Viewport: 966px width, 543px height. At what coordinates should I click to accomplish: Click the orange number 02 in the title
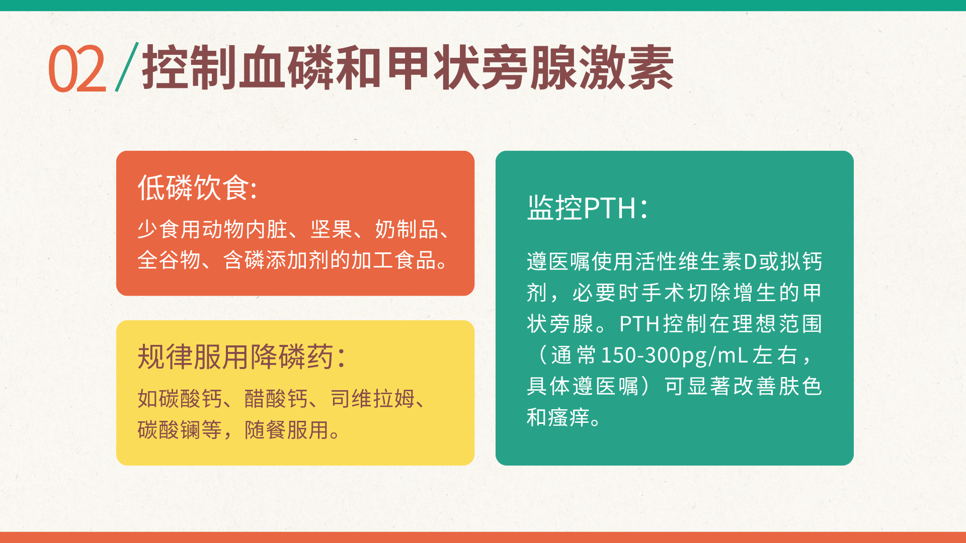click(77, 68)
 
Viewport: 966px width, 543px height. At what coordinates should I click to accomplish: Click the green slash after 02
click(127, 67)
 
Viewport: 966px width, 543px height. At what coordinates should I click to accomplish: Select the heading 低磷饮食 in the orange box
click(193, 188)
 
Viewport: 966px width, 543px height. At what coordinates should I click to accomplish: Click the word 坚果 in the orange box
click(331, 229)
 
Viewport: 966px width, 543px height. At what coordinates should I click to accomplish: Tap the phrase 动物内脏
click(245, 229)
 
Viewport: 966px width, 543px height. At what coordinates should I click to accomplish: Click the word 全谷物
click(169, 260)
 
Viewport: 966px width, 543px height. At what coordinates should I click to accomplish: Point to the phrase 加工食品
click(393, 260)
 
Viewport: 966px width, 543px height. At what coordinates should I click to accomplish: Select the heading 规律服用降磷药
click(235, 357)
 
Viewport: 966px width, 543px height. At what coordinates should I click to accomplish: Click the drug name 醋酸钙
click(276, 399)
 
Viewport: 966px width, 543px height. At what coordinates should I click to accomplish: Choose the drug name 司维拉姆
click(373, 399)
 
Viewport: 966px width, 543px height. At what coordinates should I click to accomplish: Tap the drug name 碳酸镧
click(169, 430)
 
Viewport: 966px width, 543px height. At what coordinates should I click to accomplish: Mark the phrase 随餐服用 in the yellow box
click(287, 430)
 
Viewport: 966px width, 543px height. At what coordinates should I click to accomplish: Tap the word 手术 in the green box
click(663, 293)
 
